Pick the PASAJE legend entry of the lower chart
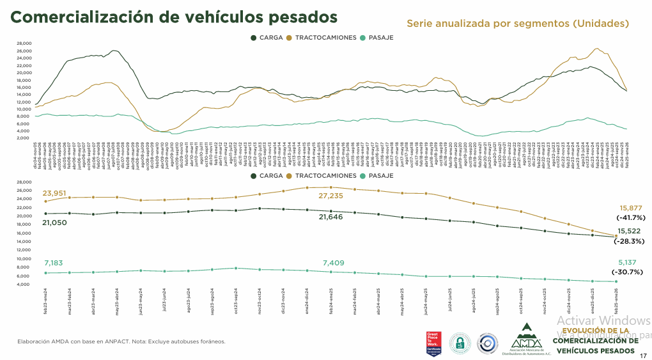click(x=376, y=175)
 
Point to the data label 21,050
click(x=55, y=223)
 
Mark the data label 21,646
click(x=332, y=218)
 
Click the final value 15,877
click(x=630, y=208)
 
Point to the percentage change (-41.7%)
click(x=630, y=217)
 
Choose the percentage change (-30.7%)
click(x=630, y=272)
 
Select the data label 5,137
click(x=630, y=262)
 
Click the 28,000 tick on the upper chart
click(x=24, y=43)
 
